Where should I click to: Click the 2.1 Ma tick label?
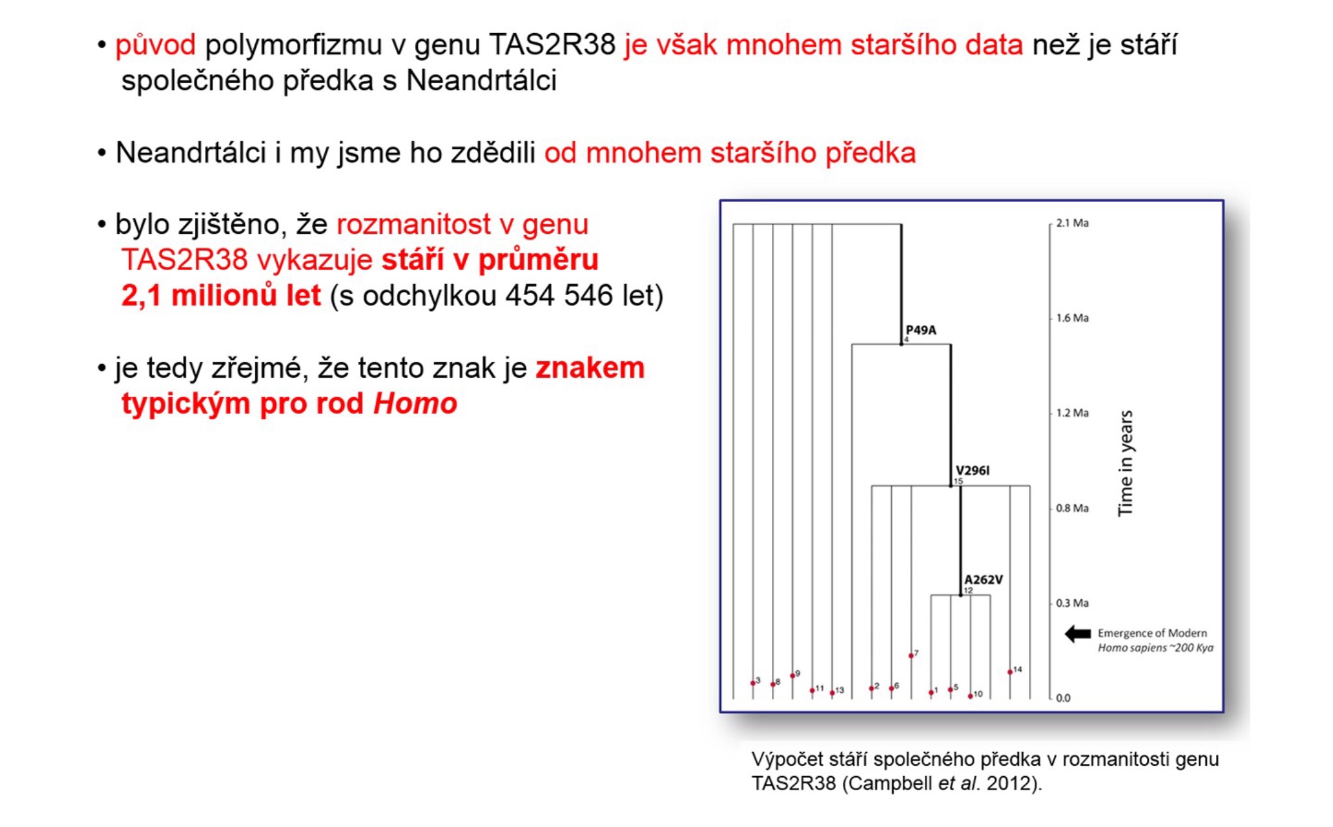click(x=1072, y=223)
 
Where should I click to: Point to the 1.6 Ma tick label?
click(x=1072, y=318)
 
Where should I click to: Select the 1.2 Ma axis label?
click(x=1072, y=413)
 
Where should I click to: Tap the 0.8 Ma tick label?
click(x=1072, y=508)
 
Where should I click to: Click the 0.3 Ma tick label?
click(x=1072, y=603)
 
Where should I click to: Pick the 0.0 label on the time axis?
click(x=1063, y=698)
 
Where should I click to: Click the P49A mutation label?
click(x=921, y=330)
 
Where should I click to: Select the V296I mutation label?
click(x=972, y=470)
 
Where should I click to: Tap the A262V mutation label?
click(x=983, y=580)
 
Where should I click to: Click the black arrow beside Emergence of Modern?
click(x=1078, y=634)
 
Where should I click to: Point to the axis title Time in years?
click(x=1125, y=463)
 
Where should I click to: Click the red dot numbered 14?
click(x=1010, y=672)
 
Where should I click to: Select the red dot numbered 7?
click(x=911, y=656)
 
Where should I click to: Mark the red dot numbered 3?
click(x=753, y=683)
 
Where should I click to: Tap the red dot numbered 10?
click(x=970, y=696)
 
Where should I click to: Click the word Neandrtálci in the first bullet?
click(x=482, y=81)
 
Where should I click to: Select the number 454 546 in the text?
click(x=559, y=296)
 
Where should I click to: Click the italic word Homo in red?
click(x=415, y=404)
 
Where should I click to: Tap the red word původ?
click(x=156, y=46)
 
